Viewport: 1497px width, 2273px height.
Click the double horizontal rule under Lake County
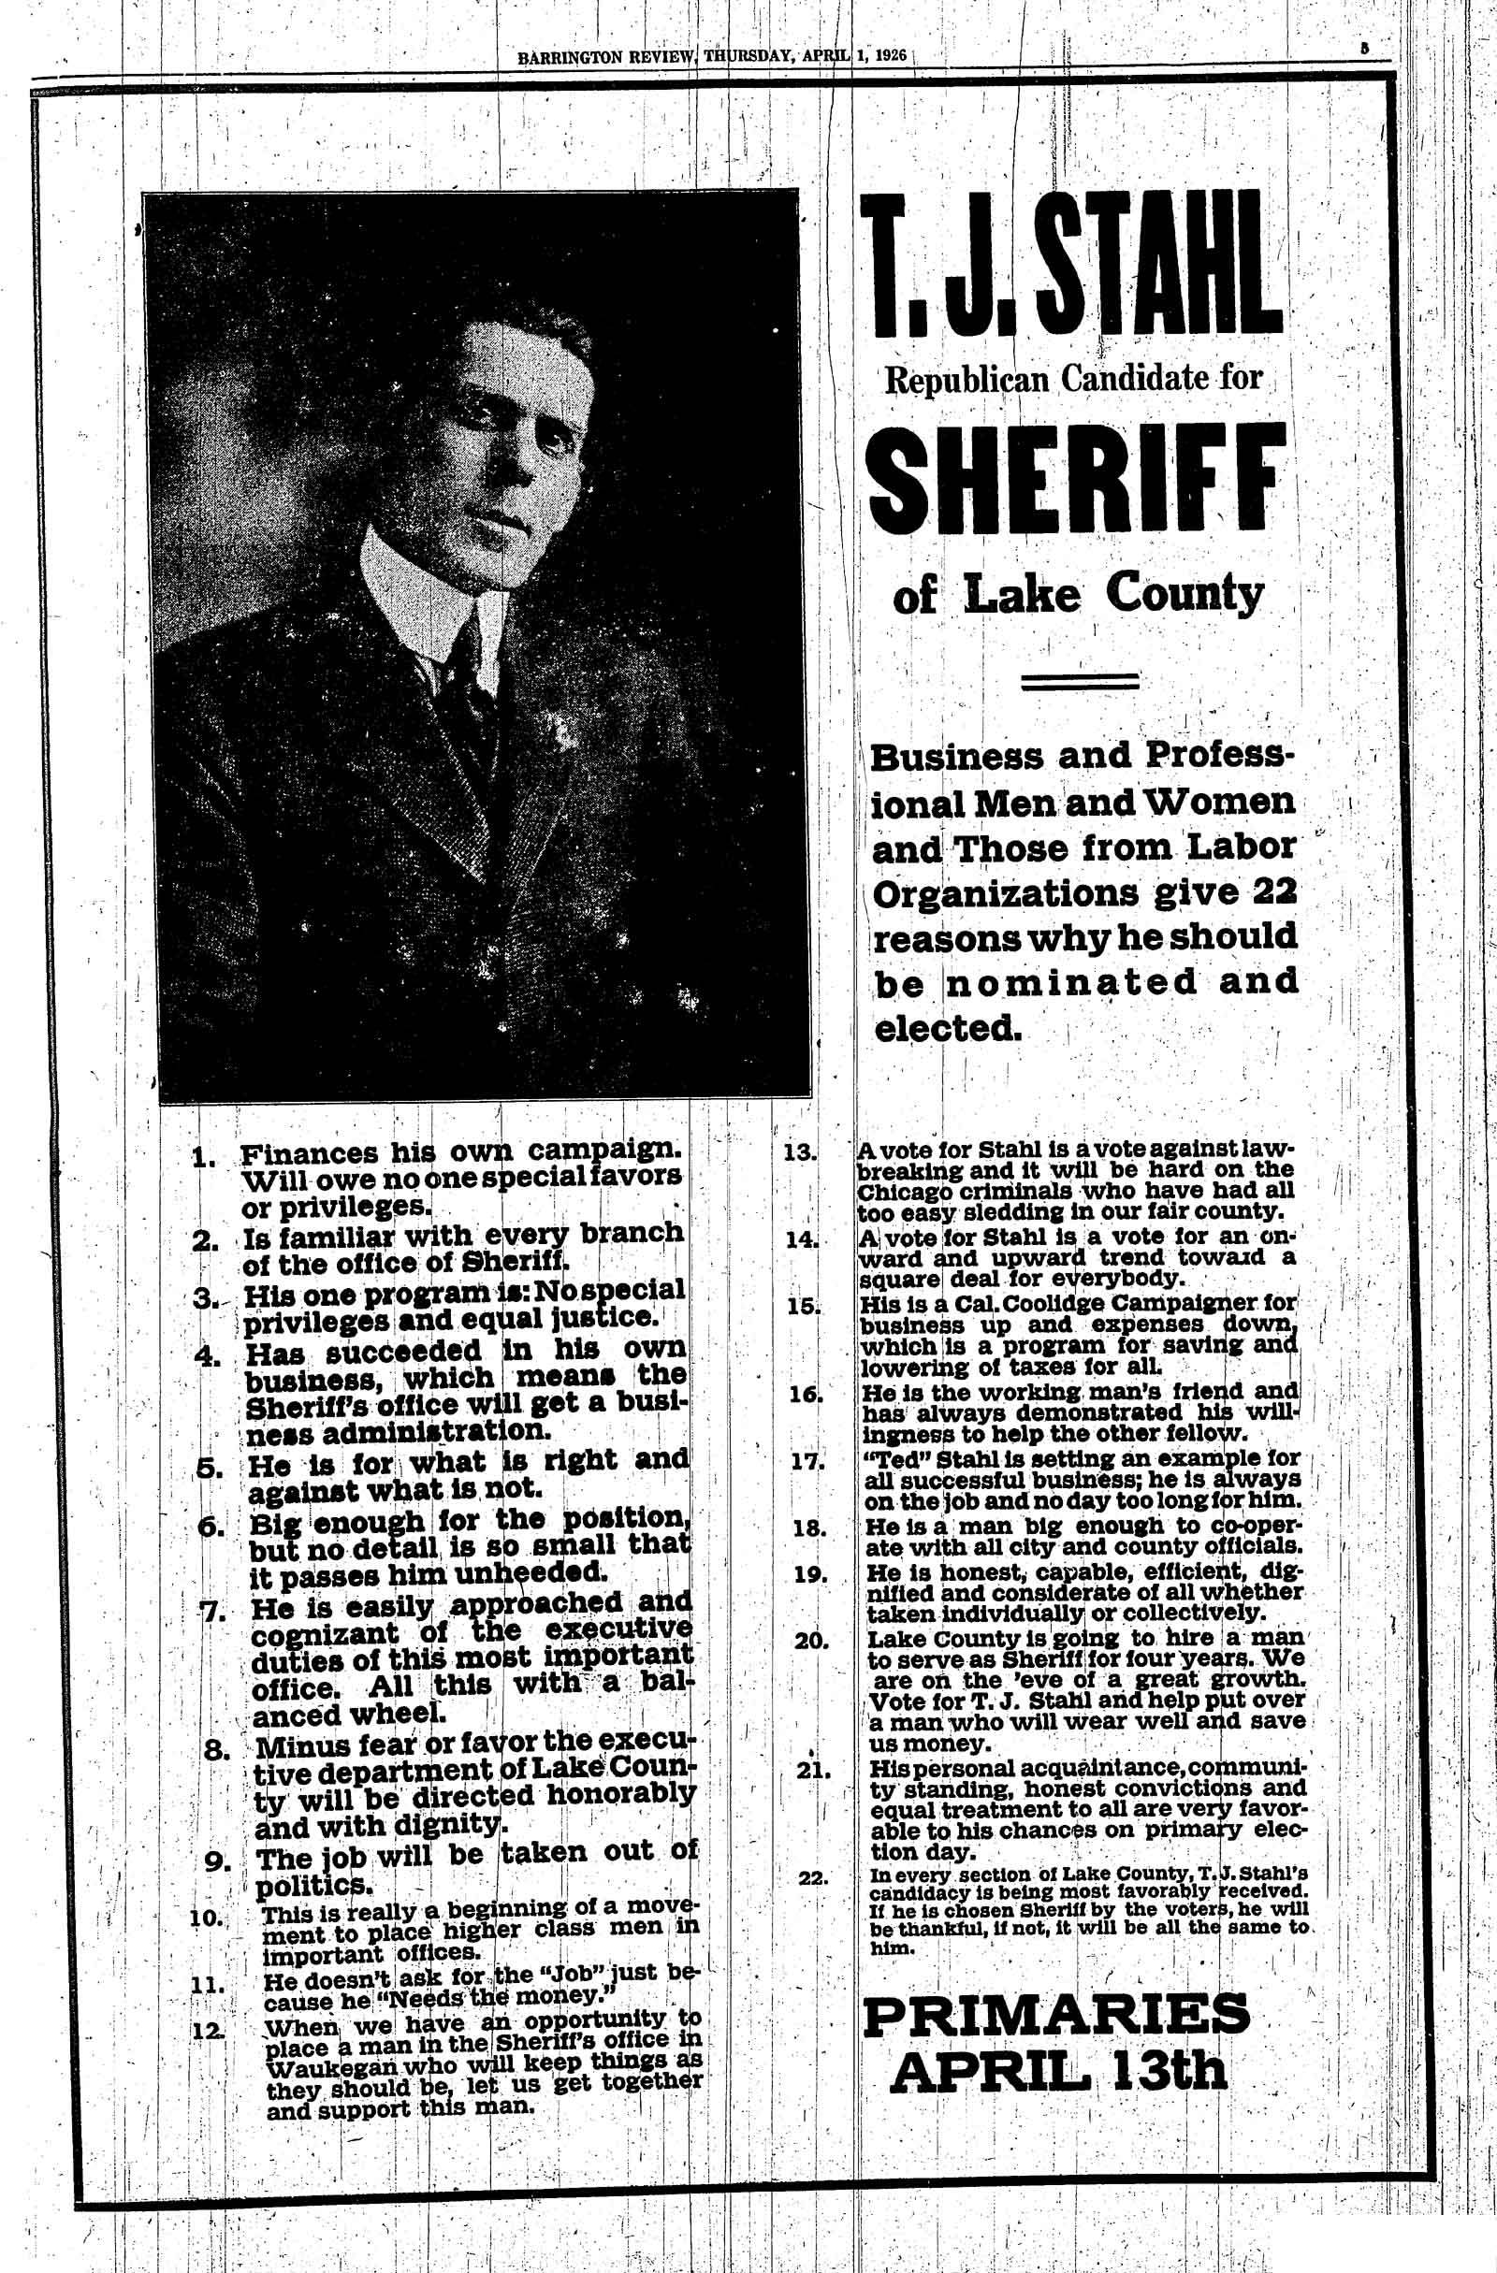point(1080,681)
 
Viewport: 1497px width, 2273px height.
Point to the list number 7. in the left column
point(211,1610)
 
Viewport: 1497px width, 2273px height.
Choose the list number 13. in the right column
point(800,1151)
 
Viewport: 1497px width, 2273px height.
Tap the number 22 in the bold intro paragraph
point(1273,893)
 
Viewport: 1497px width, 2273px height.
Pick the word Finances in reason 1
point(304,1153)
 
